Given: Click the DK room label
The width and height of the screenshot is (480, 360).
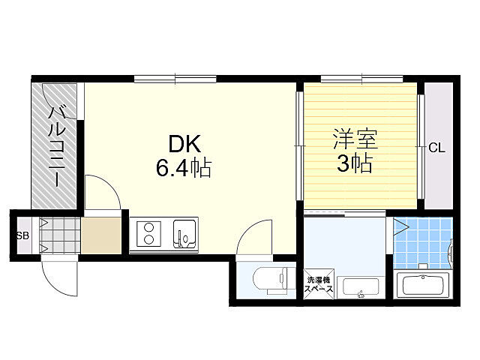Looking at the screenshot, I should (x=182, y=142).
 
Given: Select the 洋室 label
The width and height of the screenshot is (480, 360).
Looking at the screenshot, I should (x=354, y=139).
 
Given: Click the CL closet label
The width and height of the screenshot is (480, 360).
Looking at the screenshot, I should (x=436, y=148).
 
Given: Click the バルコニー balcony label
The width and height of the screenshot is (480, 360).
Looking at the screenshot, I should (x=55, y=146).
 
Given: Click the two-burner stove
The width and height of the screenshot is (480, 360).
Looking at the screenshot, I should (x=148, y=233).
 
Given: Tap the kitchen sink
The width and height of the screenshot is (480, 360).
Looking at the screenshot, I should (x=183, y=233).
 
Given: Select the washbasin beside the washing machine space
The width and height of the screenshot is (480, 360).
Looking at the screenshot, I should (x=361, y=286).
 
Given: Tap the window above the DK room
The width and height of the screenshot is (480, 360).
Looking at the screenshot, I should (x=175, y=77).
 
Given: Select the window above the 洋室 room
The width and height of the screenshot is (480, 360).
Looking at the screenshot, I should (x=361, y=77).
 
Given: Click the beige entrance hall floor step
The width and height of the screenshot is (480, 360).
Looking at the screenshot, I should (x=100, y=235).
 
